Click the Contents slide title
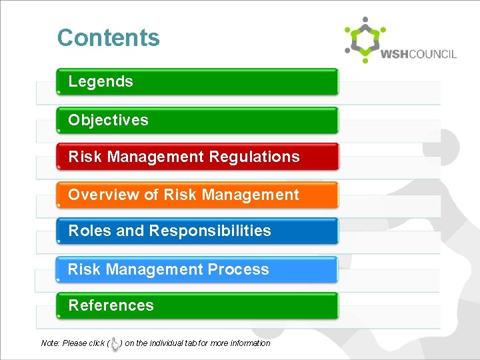109,38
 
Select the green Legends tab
197,81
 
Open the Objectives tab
197,120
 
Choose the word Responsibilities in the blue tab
210,231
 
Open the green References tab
197,305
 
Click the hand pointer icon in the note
115,343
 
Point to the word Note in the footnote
50,343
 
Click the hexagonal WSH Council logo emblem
365,41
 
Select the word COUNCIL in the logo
433,54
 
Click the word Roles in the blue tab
90,231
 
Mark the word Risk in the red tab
85,157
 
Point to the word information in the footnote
249,343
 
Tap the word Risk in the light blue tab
84,269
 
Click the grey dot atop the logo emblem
365,19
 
